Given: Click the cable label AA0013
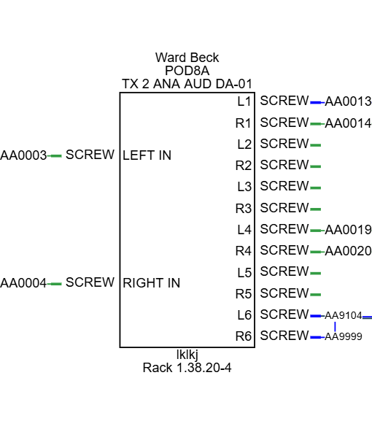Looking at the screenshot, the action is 348,101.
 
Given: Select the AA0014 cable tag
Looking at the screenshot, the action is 348,123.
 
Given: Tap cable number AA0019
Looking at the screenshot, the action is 348,230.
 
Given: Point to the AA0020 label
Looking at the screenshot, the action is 348,251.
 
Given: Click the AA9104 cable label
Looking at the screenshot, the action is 344,316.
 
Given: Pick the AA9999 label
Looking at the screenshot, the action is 344,336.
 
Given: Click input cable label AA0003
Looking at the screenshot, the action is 23,155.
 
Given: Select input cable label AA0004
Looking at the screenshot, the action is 23,283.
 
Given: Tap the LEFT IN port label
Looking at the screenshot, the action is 147,155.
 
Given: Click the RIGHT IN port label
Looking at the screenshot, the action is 152,283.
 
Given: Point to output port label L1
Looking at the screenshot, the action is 244,101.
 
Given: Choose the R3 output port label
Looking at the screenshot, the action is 243,209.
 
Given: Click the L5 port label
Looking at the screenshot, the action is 244,272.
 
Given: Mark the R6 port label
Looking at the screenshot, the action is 243,336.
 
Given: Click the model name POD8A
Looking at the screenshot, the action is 187,71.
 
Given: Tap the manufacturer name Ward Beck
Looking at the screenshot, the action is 187,58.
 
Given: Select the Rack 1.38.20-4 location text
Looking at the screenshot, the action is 187,368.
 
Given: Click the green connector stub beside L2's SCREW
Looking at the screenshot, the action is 316,145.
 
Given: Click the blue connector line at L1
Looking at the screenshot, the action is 317,103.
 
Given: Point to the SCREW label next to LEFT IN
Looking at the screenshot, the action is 90,155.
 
